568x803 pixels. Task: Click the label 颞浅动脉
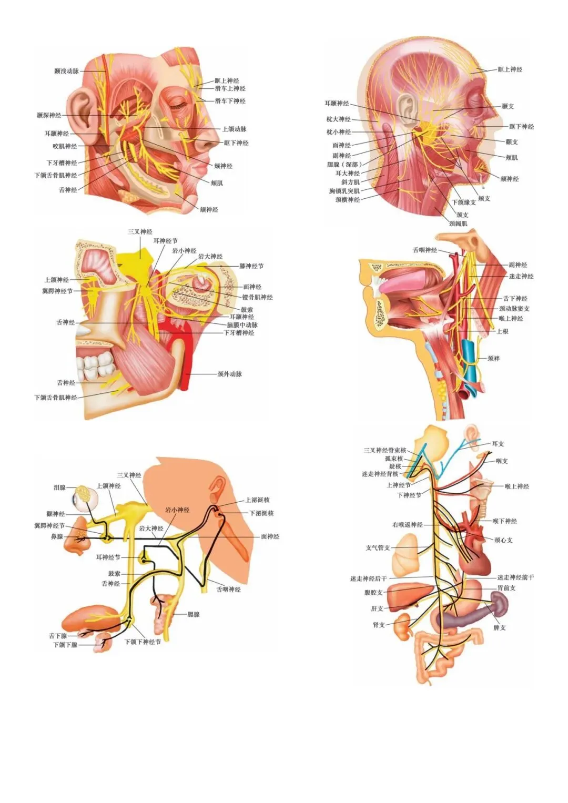coord(66,71)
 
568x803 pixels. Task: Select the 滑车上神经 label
coord(230,89)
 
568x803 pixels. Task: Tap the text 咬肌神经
coord(65,146)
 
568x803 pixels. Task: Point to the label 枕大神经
coord(338,119)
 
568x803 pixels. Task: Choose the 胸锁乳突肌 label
coord(344,191)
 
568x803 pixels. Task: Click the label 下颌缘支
coord(464,202)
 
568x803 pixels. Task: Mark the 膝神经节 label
coord(251,267)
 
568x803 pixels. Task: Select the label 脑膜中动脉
coord(242,325)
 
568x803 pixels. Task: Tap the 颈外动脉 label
coord(230,374)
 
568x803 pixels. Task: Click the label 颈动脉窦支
coord(514,309)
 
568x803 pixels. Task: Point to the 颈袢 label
coord(493,359)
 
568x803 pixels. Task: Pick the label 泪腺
coord(59,487)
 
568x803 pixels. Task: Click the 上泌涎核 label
coord(258,500)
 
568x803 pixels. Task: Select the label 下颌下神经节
coord(143,642)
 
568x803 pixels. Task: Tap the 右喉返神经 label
coord(408,525)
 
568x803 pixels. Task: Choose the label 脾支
coord(500,628)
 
